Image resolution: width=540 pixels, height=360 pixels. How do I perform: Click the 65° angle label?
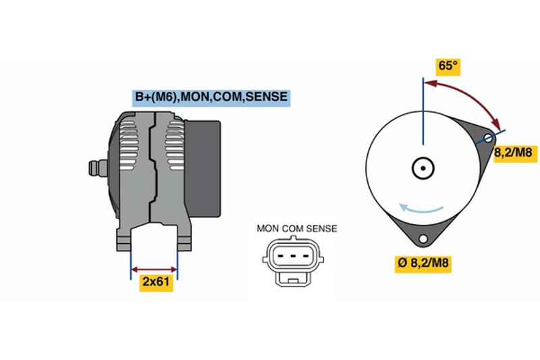(x=448, y=66)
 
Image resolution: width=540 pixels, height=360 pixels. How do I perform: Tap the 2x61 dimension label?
(x=156, y=282)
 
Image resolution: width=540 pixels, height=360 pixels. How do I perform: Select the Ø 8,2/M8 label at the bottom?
(x=423, y=263)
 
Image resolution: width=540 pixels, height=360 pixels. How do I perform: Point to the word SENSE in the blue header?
(x=267, y=97)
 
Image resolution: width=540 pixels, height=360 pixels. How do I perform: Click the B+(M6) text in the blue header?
(x=156, y=97)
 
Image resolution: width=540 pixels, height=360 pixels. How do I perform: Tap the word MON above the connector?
(x=268, y=228)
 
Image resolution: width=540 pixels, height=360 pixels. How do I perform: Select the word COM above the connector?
(x=293, y=228)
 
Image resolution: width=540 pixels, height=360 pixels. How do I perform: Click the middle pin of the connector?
(x=293, y=256)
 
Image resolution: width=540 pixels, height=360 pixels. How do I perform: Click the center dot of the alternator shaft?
(x=423, y=168)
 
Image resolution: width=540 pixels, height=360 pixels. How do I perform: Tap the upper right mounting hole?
(x=488, y=138)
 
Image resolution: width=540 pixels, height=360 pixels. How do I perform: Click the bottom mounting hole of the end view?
(x=423, y=238)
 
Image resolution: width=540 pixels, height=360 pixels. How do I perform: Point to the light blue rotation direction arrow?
(x=421, y=210)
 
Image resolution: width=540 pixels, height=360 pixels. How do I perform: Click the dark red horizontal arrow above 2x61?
(x=155, y=269)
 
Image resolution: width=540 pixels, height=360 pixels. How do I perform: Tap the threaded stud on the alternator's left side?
(x=97, y=168)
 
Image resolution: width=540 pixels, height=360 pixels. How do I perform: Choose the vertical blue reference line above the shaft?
(x=423, y=111)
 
